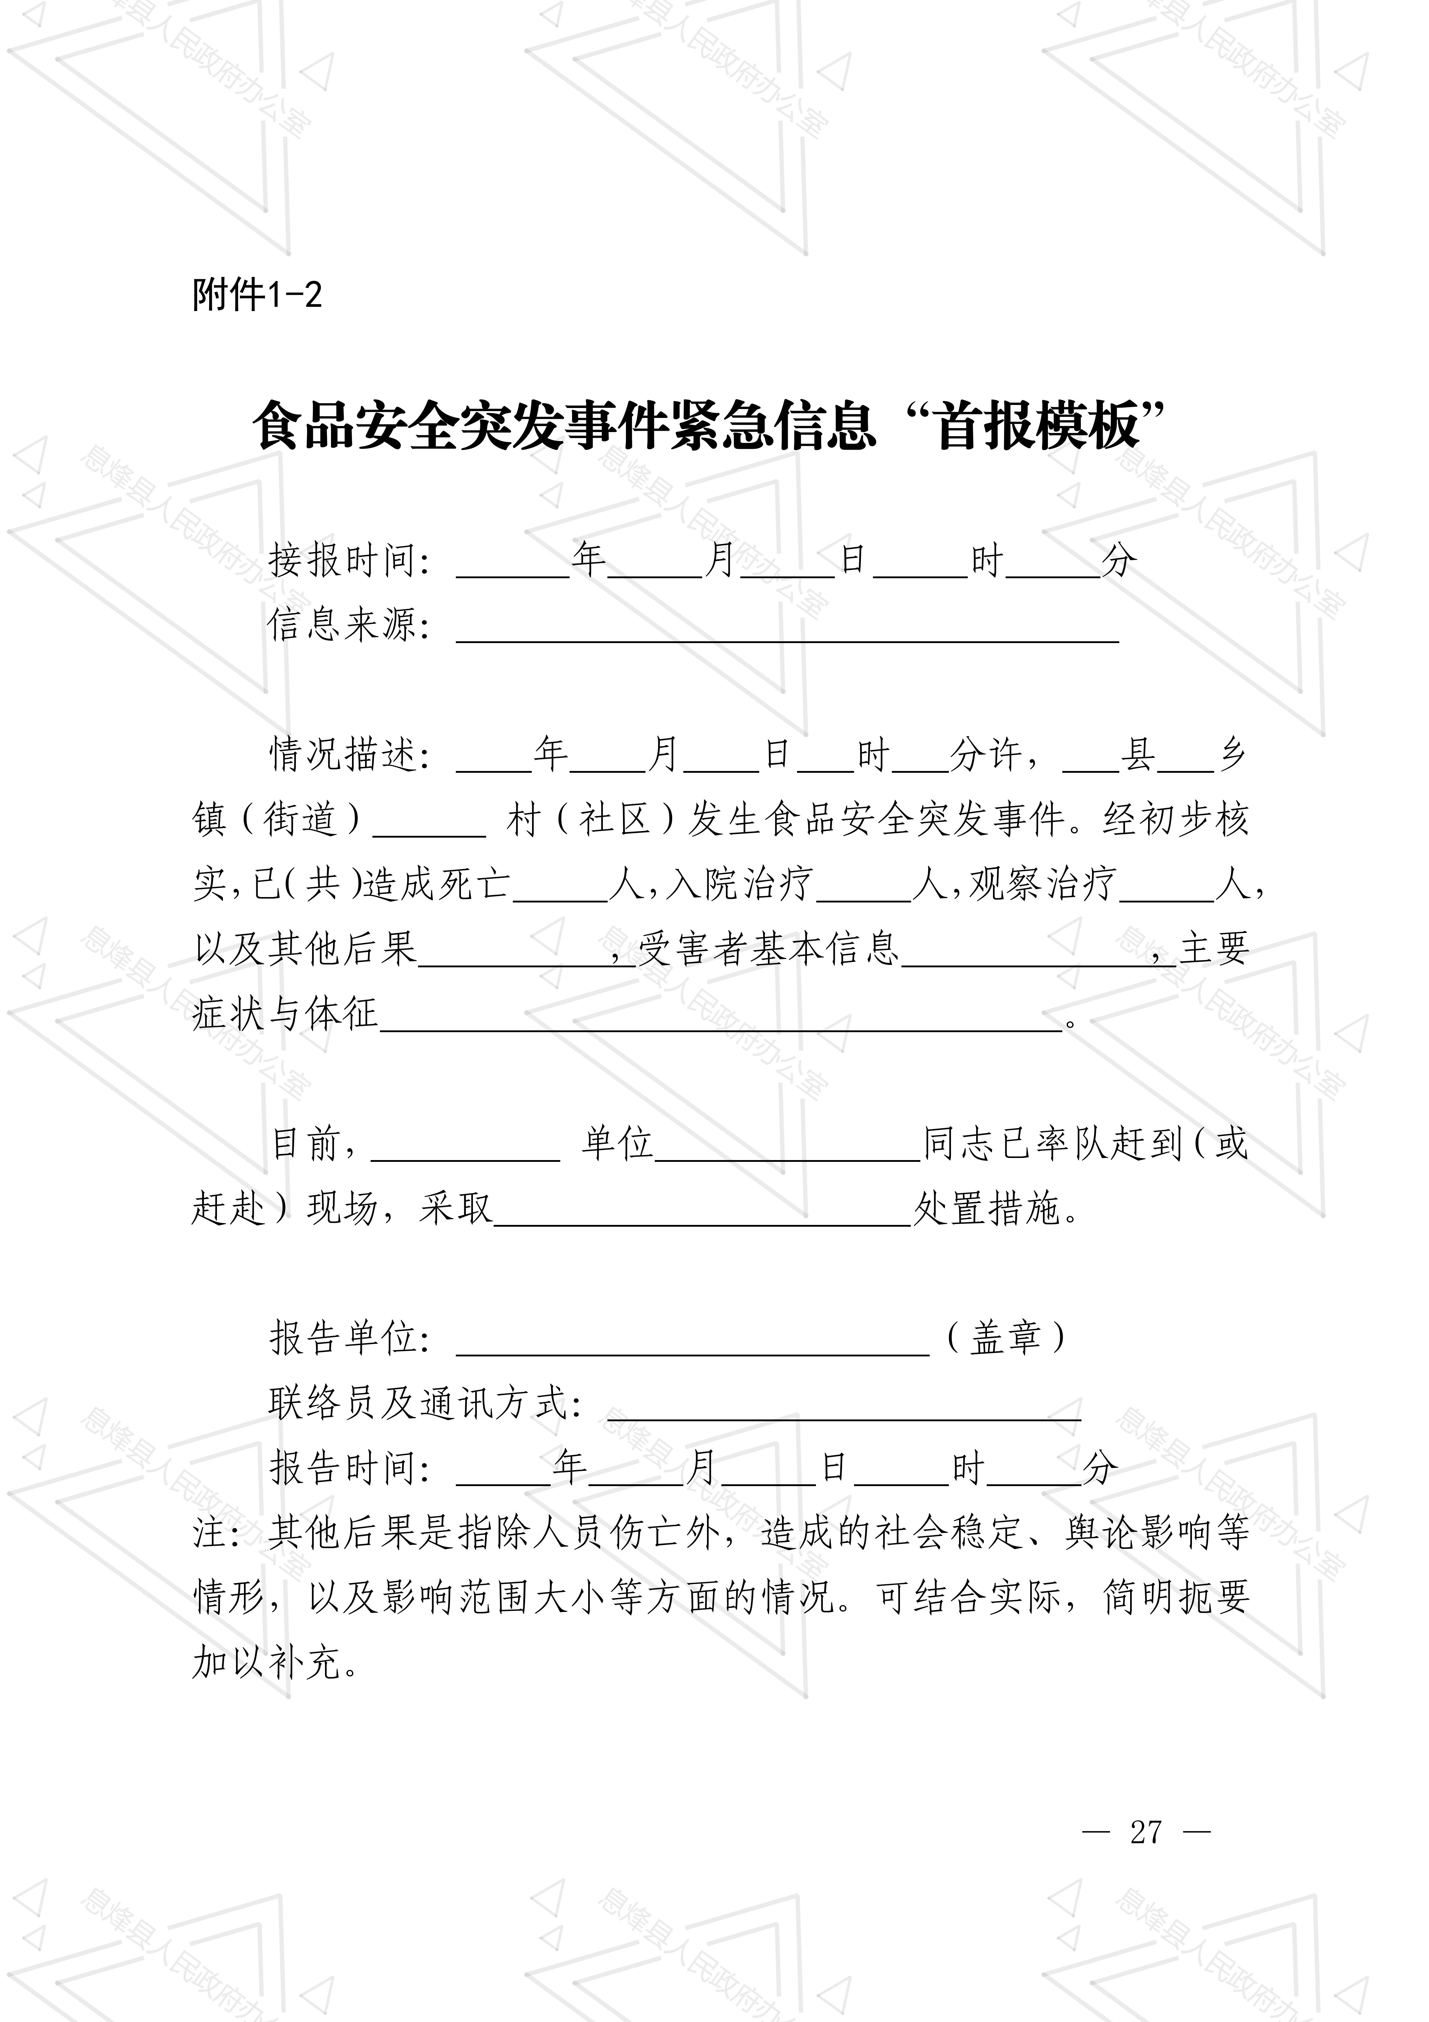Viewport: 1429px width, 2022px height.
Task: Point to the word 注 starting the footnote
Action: (209, 1533)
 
